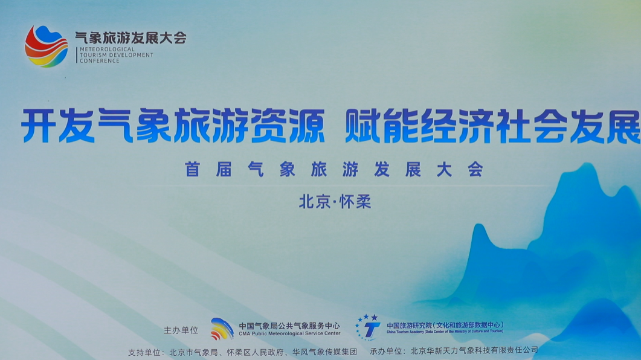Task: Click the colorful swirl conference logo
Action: [46, 46]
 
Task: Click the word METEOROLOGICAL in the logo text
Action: [107, 49]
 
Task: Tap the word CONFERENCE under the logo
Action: [100, 61]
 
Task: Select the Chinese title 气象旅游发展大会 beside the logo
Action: [131, 38]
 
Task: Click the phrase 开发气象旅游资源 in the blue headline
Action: [173, 126]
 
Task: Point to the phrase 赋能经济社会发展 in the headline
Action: [492, 126]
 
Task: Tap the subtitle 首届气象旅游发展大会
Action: [335, 169]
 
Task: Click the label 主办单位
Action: [181, 330]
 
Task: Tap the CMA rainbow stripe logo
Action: [222, 329]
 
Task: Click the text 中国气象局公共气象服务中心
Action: [289, 326]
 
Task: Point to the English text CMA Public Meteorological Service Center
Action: [289, 333]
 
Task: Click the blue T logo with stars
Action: [368, 327]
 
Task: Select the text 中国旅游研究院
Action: [409, 325]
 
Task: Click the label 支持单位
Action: [144, 352]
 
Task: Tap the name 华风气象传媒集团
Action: [324, 352]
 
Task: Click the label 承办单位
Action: [386, 351]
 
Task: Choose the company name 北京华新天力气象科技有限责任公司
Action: [474, 350]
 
